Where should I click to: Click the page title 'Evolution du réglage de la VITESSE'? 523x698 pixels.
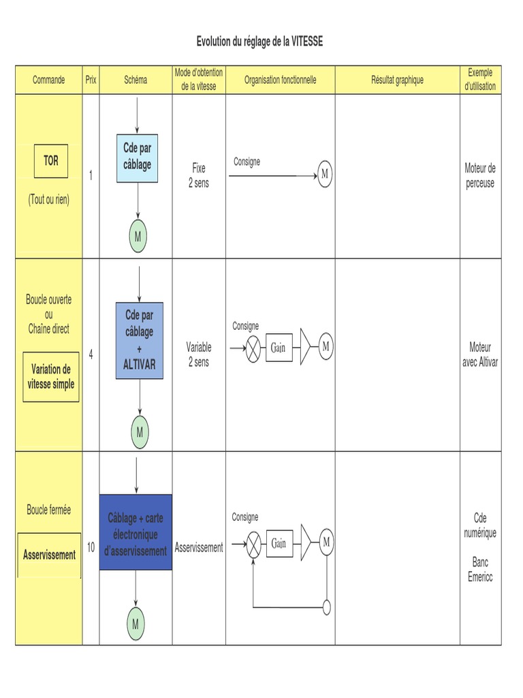coord(259,42)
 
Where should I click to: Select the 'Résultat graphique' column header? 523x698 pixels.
coord(397,80)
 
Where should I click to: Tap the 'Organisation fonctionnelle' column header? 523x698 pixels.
coord(280,80)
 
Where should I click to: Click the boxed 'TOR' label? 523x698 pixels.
coord(51,161)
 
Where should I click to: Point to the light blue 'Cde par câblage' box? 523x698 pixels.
coord(137,158)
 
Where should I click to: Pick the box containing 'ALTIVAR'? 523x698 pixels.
coord(139,341)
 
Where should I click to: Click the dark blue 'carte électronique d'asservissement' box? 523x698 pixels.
coord(136,532)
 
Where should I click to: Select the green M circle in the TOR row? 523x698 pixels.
coord(138,236)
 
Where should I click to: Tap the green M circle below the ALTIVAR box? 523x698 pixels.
coord(140,431)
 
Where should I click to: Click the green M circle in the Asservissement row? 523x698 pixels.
coord(136,624)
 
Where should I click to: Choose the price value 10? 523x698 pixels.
coord(91,547)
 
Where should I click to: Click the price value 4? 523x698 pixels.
coord(91,354)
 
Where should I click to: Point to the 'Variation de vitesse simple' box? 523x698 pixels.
coord(51,376)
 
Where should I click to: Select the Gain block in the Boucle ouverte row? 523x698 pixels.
coord(279,347)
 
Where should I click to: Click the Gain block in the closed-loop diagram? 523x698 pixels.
coord(280,543)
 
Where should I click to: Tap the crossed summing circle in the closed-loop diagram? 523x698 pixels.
coord(253,544)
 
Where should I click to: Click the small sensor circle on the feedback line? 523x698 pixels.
coord(326,607)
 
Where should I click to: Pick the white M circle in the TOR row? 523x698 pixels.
coord(325,174)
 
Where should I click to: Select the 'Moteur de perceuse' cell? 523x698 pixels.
coord(480,175)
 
